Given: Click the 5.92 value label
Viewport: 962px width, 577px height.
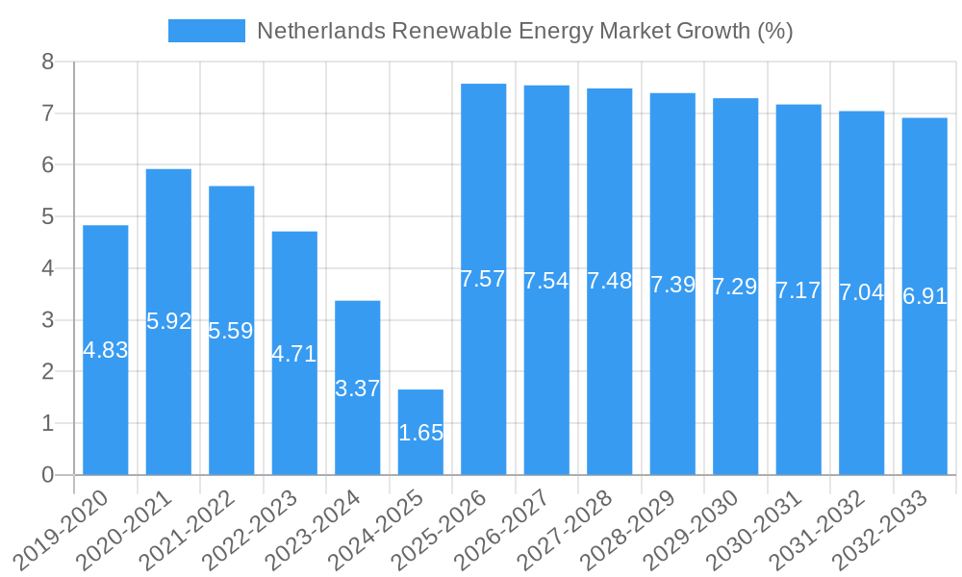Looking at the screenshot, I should (169, 321).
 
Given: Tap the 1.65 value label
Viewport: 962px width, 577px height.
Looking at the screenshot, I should (420, 433).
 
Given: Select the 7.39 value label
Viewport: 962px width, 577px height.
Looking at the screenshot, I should (672, 285).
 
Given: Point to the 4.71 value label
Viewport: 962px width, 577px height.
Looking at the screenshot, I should (294, 354).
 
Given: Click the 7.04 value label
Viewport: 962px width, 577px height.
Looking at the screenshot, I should (861, 292).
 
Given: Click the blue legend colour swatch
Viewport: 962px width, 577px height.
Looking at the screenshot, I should (206, 31).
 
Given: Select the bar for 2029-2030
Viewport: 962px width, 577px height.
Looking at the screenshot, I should (736, 385).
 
